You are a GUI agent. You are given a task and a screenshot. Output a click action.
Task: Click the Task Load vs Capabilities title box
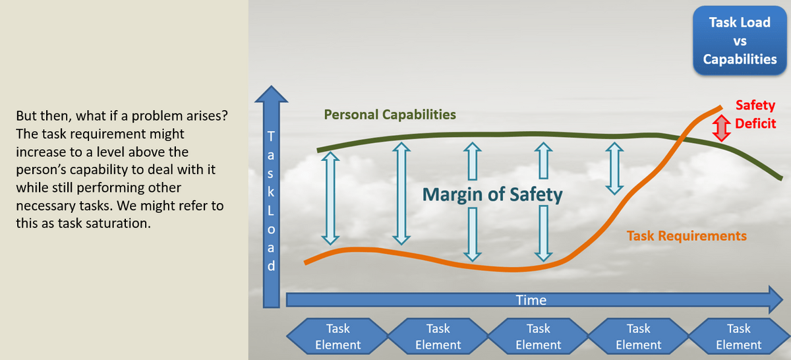point(740,41)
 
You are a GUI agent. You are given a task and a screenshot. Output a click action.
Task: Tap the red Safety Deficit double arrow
point(721,129)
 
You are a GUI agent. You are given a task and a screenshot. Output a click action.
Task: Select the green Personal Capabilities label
point(390,115)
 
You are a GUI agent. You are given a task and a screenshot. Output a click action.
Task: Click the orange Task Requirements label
point(686,235)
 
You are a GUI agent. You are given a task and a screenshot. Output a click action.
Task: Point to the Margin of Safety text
point(492,195)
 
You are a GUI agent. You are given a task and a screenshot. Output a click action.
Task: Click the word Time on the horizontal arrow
point(531,300)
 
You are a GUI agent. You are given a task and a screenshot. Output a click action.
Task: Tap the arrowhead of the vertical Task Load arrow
point(271,94)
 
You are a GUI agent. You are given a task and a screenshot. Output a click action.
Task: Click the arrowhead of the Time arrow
point(775,300)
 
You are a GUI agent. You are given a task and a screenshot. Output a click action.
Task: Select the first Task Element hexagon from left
point(337,336)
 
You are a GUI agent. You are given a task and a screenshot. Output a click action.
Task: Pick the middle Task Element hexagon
point(538,336)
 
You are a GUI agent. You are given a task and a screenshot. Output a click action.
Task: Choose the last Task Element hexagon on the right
point(739,336)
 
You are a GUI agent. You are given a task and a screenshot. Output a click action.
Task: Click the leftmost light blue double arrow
point(330,198)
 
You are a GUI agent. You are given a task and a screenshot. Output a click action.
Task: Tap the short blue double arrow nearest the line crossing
point(614,169)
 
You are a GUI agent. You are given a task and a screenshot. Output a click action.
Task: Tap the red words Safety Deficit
point(755,114)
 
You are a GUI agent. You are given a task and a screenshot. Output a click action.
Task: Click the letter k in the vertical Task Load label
point(271,191)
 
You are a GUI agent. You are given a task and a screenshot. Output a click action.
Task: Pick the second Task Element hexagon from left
point(438,336)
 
